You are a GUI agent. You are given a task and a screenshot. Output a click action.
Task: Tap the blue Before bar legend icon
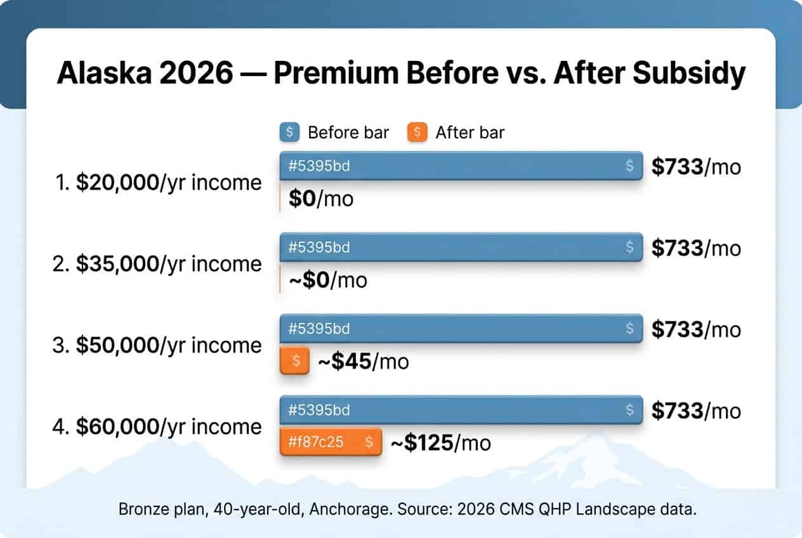pyautogui.click(x=289, y=132)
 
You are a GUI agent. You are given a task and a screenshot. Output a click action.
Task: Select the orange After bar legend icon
pyautogui.click(x=417, y=132)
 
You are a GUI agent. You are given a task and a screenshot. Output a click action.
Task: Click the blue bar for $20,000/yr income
pyautogui.click(x=461, y=166)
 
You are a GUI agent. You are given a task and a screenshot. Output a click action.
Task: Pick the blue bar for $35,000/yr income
pyautogui.click(x=461, y=247)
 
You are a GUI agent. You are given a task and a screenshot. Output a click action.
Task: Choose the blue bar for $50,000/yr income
pyautogui.click(x=461, y=329)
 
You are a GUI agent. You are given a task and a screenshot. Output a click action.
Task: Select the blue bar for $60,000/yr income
pyautogui.click(x=461, y=410)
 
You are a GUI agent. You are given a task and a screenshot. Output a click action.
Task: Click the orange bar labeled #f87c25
pyautogui.click(x=331, y=442)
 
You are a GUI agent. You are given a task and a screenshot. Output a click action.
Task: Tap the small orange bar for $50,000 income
pyautogui.click(x=294, y=361)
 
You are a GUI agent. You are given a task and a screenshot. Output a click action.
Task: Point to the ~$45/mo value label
pyautogui.click(x=363, y=362)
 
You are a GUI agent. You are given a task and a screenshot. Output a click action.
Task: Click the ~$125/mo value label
pyautogui.click(x=440, y=443)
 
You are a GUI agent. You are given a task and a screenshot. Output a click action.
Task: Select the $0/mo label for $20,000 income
pyautogui.click(x=321, y=199)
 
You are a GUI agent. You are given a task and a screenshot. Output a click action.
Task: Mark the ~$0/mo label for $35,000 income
pyautogui.click(x=327, y=280)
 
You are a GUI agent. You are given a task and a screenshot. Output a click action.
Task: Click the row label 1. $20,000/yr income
pyautogui.click(x=157, y=183)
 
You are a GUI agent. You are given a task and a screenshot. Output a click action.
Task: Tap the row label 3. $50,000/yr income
pyautogui.click(x=157, y=345)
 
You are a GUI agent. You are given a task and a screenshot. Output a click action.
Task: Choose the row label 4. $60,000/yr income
pyautogui.click(x=157, y=426)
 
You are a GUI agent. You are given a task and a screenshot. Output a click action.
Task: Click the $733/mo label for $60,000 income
pyautogui.click(x=696, y=410)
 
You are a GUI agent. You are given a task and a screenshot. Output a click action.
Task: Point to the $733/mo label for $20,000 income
pyautogui.click(x=696, y=167)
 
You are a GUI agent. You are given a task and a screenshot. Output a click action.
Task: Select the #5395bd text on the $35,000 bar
pyautogui.click(x=319, y=247)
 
